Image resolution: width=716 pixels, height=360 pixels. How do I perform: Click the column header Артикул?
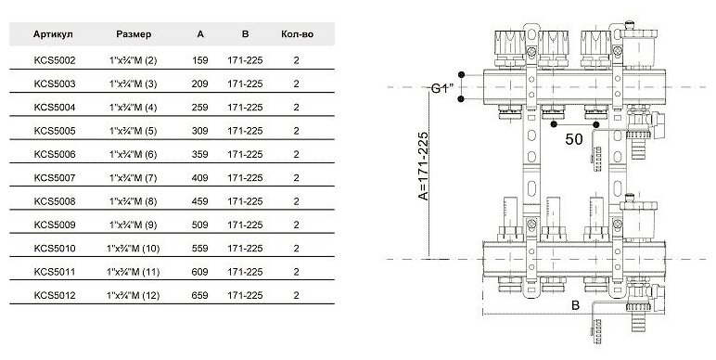point(53,34)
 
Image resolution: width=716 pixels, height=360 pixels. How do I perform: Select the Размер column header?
point(134,34)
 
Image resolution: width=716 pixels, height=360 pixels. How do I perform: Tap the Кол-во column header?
point(298,34)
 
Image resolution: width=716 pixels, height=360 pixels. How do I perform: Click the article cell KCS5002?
point(55,60)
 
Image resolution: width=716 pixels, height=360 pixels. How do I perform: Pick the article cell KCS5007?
point(55,178)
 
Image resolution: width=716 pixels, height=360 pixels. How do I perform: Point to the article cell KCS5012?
point(55,296)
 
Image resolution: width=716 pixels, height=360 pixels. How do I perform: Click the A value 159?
point(200,60)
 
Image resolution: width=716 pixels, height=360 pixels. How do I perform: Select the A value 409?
point(200,178)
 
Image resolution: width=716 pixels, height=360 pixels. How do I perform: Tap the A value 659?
point(200,296)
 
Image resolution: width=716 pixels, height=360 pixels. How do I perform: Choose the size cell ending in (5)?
point(134,131)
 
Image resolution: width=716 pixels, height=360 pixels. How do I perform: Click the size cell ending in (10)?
point(134,249)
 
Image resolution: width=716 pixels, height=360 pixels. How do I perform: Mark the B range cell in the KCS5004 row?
point(245,108)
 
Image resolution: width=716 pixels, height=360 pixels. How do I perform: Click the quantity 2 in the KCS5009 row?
point(297,225)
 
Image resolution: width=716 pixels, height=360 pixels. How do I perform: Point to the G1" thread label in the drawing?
point(442,88)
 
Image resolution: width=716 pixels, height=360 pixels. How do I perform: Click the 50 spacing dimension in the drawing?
point(574,139)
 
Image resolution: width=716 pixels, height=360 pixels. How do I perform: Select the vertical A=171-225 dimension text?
point(423,166)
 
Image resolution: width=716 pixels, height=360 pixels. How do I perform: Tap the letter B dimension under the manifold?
point(575,305)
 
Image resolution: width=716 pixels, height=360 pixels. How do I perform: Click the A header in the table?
point(200,34)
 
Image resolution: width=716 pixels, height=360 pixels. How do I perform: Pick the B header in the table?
point(245,34)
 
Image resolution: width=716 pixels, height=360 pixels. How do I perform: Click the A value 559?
point(200,249)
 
